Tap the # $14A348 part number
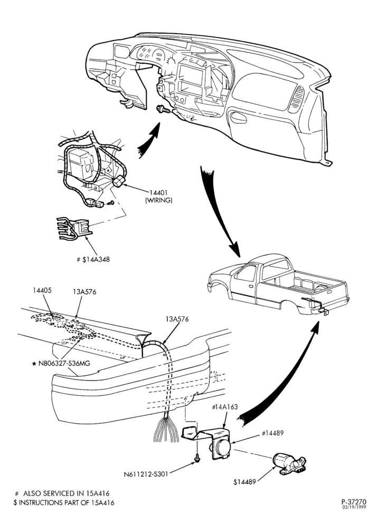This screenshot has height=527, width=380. [x=93, y=259]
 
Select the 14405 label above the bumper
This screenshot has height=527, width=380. [x=42, y=290]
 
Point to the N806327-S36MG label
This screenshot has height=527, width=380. [x=63, y=363]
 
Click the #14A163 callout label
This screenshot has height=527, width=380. [x=225, y=407]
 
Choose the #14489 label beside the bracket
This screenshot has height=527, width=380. [x=273, y=433]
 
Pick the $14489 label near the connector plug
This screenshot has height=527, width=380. [x=245, y=482]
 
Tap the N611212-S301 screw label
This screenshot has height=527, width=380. [x=146, y=474]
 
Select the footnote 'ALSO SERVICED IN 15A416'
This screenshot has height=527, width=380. [x=66, y=493]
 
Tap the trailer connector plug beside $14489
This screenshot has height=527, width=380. [x=289, y=464]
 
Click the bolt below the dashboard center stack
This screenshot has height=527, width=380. [x=162, y=109]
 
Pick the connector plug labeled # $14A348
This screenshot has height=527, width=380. [x=75, y=229]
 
